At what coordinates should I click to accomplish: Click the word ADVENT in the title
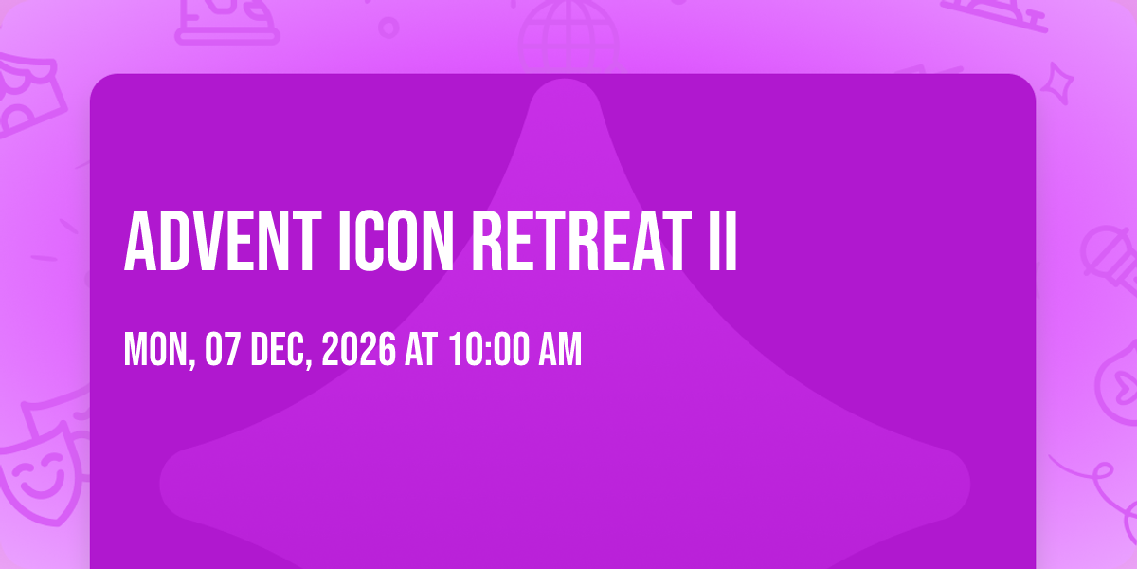(x=223, y=241)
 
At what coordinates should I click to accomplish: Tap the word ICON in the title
(x=396, y=241)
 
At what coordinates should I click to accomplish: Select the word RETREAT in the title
(x=582, y=241)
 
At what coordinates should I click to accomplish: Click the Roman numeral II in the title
(x=722, y=241)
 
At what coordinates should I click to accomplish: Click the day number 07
(x=222, y=349)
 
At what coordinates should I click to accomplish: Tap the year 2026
(x=358, y=349)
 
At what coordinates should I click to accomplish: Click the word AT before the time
(x=421, y=349)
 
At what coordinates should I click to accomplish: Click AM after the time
(x=560, y=349)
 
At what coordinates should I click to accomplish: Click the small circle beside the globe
(x=388, y=28)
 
